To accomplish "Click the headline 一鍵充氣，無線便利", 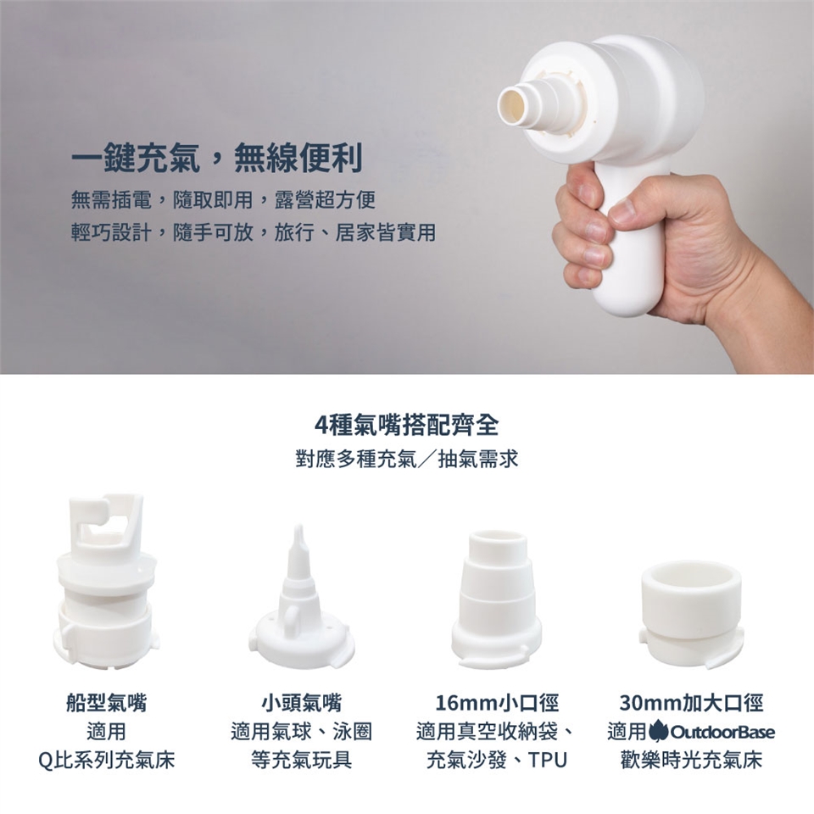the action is pos(216,158).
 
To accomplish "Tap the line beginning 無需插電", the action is pos(223,200).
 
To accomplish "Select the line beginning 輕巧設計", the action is pos(254,232).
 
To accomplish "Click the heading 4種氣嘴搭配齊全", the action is pos(406,425).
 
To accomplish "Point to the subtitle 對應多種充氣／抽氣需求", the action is pos(406,459).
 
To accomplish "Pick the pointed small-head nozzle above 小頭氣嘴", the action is pos(300,597).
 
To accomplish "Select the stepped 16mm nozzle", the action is pos(496,599).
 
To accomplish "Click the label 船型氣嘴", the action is pos(107,703).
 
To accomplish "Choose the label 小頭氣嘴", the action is pos(301,703).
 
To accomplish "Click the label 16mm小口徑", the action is pos(496,703).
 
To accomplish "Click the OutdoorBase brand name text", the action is pos(722,732).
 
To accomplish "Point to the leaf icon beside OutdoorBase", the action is pos(658,731).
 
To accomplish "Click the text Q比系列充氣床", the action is pos(107,760).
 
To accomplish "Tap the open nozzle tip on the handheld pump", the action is pos(514,103).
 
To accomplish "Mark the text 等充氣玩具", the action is pos(301,760).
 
